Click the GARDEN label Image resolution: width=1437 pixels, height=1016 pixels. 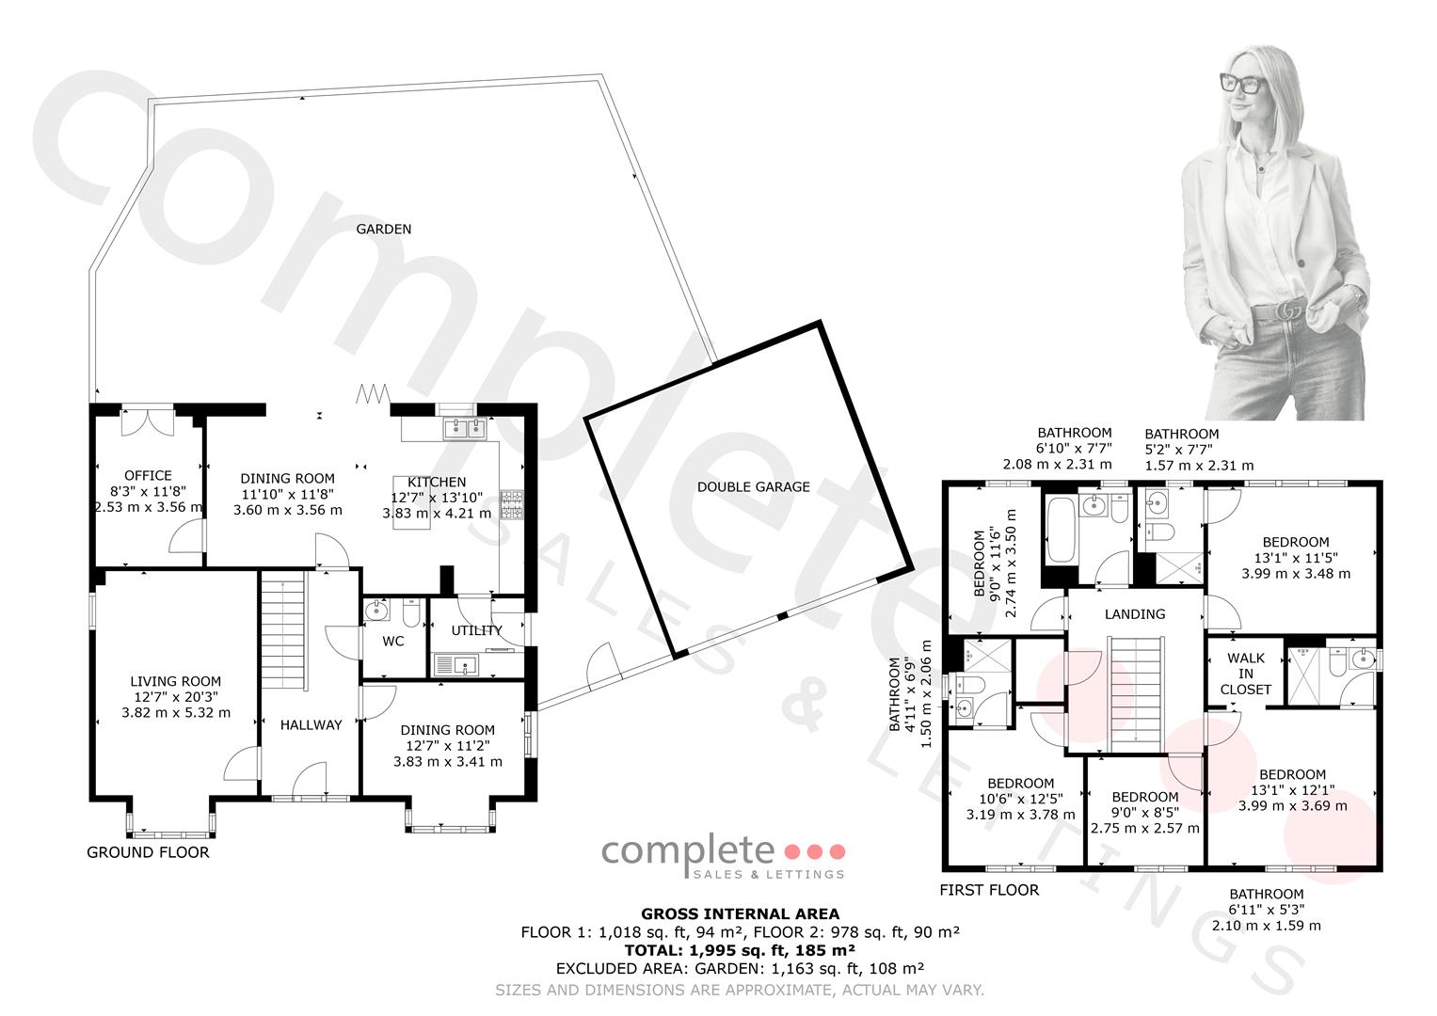pos(384,229)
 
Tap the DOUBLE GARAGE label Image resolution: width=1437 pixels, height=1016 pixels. pos(753,487)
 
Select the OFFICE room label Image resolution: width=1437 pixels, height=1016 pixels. pos(148,475)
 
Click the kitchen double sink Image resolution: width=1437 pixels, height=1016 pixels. pos(465,428)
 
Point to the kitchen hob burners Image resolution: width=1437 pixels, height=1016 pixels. pos(512,504)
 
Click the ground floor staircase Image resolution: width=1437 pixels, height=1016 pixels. pos(282,631)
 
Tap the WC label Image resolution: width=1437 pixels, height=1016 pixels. pos(392,641)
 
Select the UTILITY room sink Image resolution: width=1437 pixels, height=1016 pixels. pos(456,664)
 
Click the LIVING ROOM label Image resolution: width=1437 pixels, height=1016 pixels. pos(175,681)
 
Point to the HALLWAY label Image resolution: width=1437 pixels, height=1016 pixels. pos(311,724)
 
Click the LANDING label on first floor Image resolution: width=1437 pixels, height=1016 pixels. pos(1135,613)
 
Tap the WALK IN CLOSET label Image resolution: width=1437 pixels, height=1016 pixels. pos(1246,674)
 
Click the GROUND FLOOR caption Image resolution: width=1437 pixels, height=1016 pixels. pos(148,852)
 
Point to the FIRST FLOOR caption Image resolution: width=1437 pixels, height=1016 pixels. pos(989,890)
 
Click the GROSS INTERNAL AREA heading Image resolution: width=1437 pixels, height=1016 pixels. pos(740,914)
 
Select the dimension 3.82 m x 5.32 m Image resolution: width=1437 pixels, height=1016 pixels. pos(176,712)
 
